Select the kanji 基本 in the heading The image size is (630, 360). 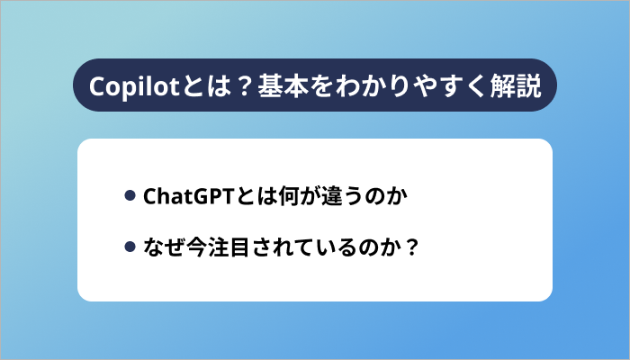click(x=283, y=85)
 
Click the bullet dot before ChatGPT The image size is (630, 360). click(x=130, y=195)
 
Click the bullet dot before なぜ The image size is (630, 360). click(x=130, y=246)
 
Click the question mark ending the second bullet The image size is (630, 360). click(x=412, y=246)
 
